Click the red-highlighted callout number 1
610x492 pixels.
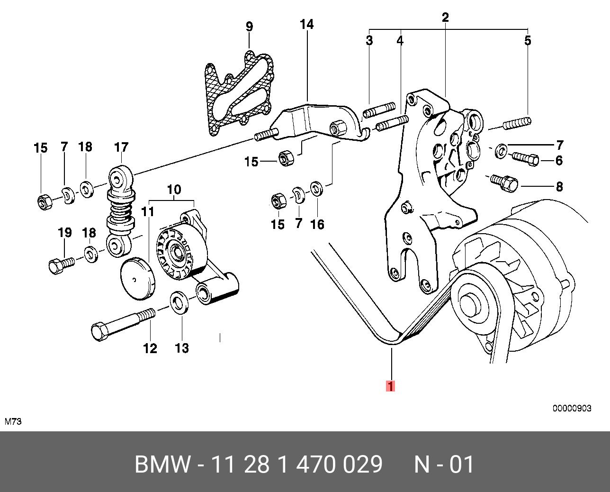point(390,386)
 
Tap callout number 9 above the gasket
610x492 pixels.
point(249,27)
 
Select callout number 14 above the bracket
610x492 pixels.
point(307,24)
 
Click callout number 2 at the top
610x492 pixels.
point(445,18)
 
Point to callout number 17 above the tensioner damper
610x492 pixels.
point(121,147)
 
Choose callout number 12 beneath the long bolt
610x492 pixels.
point(150,348)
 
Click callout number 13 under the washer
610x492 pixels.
point(182,348)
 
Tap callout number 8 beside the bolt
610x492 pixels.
point(559,186)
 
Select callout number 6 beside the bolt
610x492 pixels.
point(559,161)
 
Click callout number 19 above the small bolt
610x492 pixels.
point(64,233)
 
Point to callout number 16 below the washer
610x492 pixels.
point(317,224)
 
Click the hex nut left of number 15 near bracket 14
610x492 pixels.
point(286,157)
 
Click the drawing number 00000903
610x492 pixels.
point(572,408)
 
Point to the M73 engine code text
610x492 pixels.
point(13,421)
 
